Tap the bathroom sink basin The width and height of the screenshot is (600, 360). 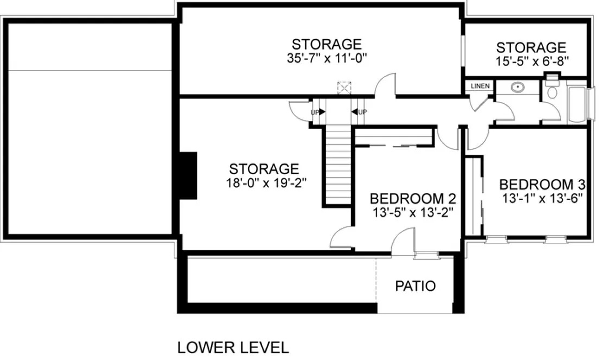[518, 87]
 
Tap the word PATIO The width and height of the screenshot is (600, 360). [415, 286]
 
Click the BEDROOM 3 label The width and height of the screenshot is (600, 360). [544, 184]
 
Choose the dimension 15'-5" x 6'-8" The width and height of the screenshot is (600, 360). [531, 61]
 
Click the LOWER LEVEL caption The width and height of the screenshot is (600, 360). [233, 347]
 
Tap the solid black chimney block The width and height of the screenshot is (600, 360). [188, 176]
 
